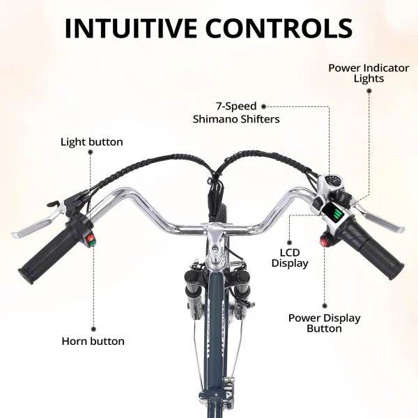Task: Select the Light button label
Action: (x=91, y=142)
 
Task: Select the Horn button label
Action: (x=93, y=341)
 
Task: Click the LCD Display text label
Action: (x=290, y=258)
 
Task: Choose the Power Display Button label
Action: (x=325, y=323)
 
